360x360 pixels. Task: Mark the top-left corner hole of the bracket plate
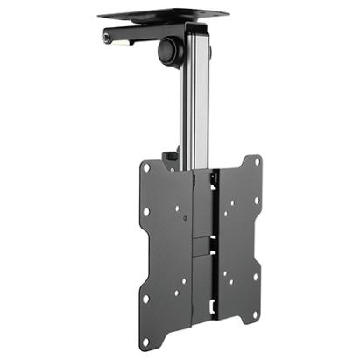147,167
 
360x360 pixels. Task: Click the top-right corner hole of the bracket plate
256,163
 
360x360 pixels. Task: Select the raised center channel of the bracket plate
205,245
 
